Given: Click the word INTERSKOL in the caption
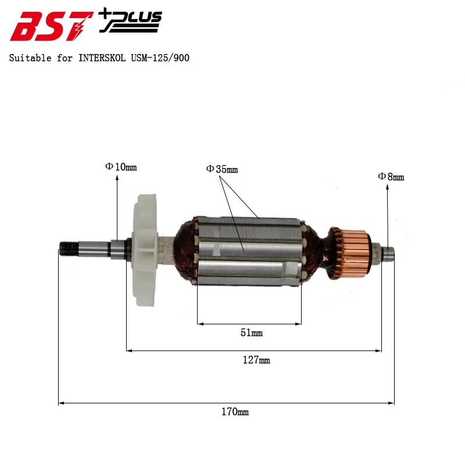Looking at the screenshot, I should coord(101,58).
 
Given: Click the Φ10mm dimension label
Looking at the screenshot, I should coord(121,167).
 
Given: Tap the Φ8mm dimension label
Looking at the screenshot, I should coord(391,177).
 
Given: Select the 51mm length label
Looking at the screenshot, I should coord(251,333).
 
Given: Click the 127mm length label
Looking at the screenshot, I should coord(256,360).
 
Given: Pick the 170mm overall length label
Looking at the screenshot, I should coord(235,412).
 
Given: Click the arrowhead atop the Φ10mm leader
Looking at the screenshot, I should coord(117,176).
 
